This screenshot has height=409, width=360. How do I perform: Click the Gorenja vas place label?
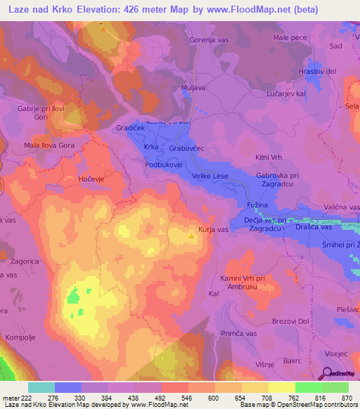[x=210, y=40]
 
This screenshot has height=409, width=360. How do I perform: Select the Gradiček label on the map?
[x=130, y=129]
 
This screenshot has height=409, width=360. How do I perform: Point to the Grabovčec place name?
[x=186, y=149]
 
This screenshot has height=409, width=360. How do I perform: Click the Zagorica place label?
[x=19, y=260]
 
